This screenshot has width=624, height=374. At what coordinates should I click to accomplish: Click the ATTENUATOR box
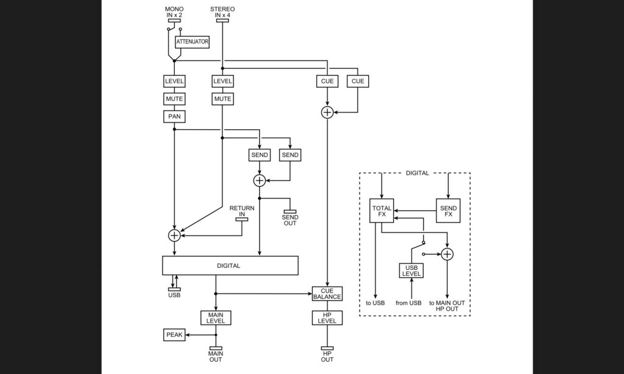click(192, 42)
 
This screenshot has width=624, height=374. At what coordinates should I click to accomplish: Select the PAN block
click(174, 116)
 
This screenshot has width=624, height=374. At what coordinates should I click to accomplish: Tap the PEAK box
click(174, 335)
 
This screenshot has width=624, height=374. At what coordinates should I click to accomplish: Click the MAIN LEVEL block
click(216, 318)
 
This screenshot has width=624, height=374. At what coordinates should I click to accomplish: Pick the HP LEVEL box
click(327, 318)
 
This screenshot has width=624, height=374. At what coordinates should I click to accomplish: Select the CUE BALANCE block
click(327, 294)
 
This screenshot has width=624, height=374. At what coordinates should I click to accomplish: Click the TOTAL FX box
click(381, 211)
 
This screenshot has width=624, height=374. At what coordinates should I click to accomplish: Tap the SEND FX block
click(448, 211)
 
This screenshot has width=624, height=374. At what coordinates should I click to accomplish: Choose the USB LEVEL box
click(411, 271)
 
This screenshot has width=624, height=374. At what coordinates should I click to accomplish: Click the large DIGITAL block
click(230, 266)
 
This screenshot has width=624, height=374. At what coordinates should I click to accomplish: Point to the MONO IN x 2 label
click(174, 12)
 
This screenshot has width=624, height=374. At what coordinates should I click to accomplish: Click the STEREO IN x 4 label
click(222, 12)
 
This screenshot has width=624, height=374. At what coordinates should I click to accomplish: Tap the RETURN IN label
click(242, 211)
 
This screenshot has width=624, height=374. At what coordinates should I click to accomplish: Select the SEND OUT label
click(290, 221)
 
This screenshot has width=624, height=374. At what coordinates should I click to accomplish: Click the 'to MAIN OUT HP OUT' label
click(447, 306)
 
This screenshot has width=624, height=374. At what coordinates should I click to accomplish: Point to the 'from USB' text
click(408, 303)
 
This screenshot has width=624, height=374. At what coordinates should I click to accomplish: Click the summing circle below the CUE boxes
click(327, 113)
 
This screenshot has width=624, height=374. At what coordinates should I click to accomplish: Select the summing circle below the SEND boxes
click(260, 181)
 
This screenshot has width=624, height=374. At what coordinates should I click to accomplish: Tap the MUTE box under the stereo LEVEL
click(222, 99)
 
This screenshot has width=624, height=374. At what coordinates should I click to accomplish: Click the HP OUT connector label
click(327, 356)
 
